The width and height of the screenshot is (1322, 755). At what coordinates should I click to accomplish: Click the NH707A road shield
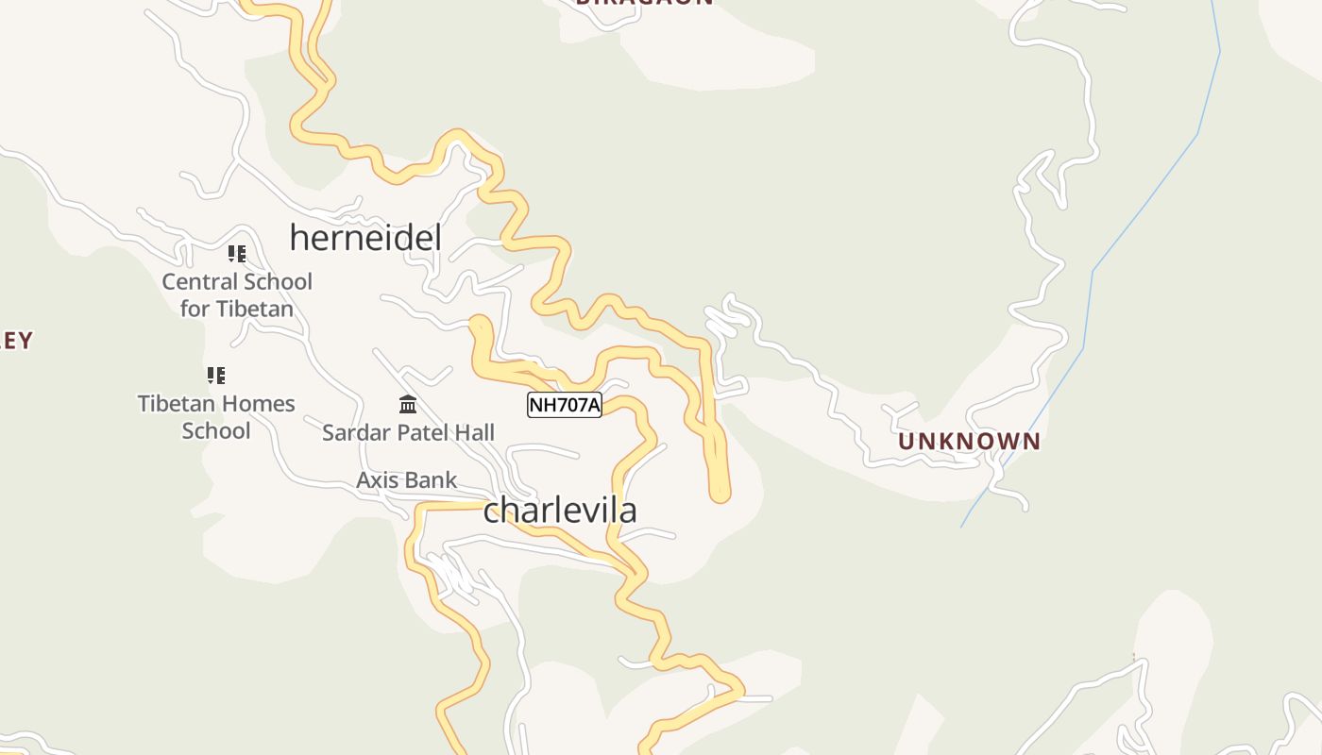(564, 405)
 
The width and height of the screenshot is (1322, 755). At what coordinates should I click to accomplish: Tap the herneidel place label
(365, 238)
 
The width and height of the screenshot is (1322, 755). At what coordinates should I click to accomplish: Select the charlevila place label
(560, 511)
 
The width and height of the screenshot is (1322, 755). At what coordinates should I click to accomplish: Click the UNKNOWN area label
(969, 442)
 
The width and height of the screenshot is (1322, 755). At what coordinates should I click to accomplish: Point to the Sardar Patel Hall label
(408, 433)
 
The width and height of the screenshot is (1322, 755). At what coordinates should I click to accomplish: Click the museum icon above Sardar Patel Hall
(408, 405)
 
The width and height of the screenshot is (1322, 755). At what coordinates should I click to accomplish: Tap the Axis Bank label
(406, 480)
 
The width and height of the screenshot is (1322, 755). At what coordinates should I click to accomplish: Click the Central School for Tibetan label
(237, 294)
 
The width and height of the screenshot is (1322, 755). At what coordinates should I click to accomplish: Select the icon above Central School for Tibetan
(237, 253)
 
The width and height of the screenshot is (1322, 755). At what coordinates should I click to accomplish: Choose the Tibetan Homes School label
(216, 417)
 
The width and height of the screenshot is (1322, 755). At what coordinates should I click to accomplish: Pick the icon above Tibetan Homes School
(216, 376)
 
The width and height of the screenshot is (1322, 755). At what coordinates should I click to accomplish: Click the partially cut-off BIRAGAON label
(644, 3)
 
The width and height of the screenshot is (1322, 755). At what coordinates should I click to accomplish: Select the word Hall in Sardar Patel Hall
(473, 433)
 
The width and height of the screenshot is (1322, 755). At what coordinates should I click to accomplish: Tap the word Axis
(378, 480)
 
